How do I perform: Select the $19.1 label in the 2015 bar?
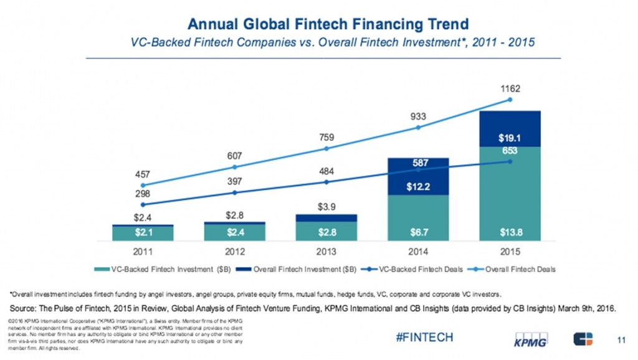[510, 138]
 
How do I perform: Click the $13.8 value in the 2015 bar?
[510, 233]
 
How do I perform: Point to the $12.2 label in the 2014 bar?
[418, 186]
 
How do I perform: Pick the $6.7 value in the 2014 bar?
[418, 233]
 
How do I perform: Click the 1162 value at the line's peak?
[510, 88]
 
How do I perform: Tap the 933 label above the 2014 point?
[418, 116]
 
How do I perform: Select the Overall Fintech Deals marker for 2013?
[326, 148]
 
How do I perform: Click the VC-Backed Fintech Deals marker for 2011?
[143, 204]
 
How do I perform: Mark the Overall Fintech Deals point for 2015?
[510, 100]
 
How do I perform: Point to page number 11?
[620, 339]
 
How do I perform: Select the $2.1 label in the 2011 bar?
[143, 233]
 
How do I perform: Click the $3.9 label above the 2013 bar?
[326, 206]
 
